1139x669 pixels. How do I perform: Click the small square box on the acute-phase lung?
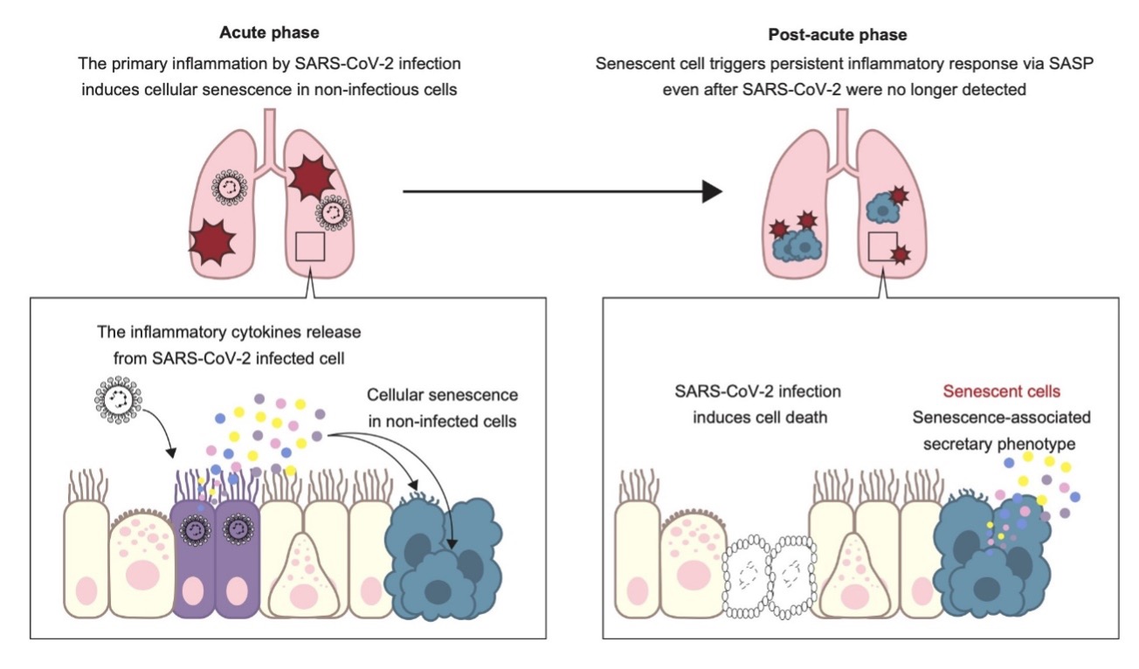(311, 247)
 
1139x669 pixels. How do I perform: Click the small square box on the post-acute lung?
(884, 247)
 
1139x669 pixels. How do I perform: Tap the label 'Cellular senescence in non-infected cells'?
(442, 407)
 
